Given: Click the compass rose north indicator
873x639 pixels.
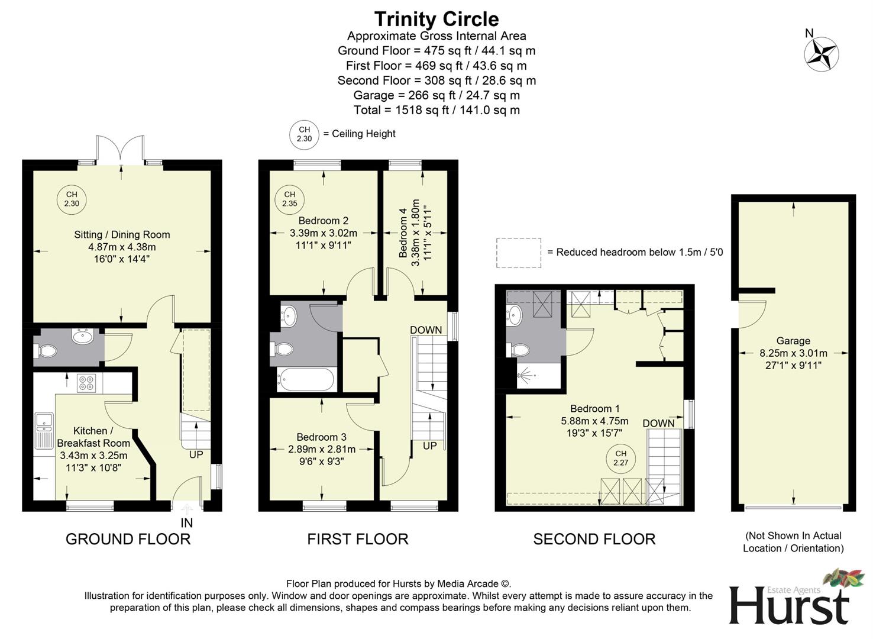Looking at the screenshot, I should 821,54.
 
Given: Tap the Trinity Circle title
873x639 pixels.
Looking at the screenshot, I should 436,19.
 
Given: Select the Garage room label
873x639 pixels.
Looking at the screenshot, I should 793,341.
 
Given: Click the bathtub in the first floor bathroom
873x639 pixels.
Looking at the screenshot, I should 306,379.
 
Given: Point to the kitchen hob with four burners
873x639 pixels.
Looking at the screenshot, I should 85,383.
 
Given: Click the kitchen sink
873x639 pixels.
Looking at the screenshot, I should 43,421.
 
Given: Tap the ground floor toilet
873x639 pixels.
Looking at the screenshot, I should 46,351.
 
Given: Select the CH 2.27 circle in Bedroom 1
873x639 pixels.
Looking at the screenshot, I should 620,459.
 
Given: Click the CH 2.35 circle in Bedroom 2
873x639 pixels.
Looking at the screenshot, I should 289,199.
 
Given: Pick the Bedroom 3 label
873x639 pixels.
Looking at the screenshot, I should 322,437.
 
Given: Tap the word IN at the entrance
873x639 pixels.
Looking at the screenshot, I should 186,523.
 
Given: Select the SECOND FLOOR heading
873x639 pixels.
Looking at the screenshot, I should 594,539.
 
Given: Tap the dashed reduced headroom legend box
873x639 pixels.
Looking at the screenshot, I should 519,253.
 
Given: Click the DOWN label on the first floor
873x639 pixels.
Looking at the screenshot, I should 426,330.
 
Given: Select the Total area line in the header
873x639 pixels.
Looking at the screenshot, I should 436,110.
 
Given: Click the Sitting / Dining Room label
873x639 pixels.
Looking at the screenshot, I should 122,235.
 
